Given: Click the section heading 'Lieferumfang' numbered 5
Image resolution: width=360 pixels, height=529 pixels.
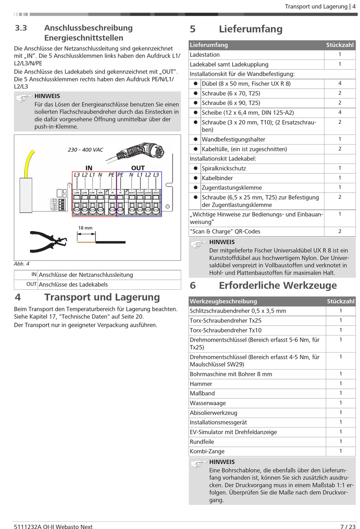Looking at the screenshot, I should click(250, 29).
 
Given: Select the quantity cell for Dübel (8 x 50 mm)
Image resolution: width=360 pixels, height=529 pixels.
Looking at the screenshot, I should click(340, 83).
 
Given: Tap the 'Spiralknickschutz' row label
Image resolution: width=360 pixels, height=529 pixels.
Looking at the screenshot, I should click(224, 169).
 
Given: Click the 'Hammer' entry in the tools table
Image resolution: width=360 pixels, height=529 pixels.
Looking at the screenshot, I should click(201, 384).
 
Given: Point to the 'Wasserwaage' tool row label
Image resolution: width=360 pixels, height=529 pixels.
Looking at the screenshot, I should click(208, 403).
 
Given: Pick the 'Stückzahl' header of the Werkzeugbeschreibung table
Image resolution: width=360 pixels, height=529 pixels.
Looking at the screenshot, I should click(340, 301).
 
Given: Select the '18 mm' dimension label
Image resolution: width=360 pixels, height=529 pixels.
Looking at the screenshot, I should click(85, 228).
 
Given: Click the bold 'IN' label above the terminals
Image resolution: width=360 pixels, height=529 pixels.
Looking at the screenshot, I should click(89, 168).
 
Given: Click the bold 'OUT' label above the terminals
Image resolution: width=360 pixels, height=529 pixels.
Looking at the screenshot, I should click(138, 168).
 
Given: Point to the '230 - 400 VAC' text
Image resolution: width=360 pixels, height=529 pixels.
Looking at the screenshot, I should click(85, 150).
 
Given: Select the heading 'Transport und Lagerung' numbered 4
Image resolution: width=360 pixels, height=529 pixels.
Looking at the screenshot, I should click(102, 297).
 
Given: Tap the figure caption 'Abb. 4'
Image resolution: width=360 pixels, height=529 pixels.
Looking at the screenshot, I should click(22, 264).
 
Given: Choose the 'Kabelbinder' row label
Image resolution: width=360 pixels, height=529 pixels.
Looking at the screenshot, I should click(217, 178).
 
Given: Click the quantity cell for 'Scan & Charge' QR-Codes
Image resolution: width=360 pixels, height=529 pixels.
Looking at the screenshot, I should click(340, 231).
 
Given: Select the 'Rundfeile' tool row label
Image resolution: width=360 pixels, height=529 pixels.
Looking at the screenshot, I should click(202, 442).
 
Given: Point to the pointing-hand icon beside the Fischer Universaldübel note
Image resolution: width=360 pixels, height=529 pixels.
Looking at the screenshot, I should click(198, 245).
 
